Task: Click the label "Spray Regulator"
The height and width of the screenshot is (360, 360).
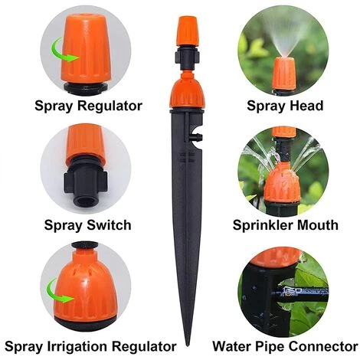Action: coord(88,106)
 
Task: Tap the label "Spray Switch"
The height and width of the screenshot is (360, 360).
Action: coord(87,225)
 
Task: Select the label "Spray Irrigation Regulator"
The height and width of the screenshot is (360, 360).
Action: coord(90,347)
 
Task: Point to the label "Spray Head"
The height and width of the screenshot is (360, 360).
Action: coord(285,106)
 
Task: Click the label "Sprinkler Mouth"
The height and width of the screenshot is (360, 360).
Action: coord(285,225)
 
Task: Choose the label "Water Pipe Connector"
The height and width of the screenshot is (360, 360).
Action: coord(285,347)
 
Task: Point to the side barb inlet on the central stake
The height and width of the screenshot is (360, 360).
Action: coord(198,136)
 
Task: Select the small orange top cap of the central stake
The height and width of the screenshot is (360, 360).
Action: coord(188,31)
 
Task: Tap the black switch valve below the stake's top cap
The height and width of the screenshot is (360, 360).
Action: coord(188,57)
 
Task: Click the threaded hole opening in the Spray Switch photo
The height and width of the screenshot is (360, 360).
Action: coord(86,201)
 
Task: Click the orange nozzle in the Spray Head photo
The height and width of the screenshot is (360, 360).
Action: coord(284,74)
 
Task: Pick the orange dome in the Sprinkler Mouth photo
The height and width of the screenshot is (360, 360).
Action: coord(281,184)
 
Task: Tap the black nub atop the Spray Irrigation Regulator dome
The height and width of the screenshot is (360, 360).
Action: coord(84,245)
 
